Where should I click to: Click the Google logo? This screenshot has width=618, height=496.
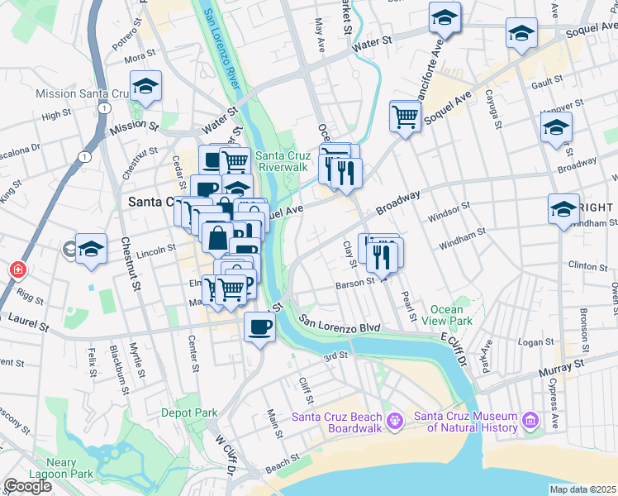tap(27, 486)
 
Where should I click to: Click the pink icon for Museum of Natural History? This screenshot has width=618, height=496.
tap(530, 422)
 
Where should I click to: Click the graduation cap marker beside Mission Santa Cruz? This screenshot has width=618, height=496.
tap(145, 88)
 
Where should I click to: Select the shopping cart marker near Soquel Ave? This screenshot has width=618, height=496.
tap(405, 117)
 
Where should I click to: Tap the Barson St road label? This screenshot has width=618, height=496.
tap(355, 285)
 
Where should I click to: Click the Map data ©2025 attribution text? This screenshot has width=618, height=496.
tap(582, 489)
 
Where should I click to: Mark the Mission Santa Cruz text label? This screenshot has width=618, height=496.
tap(79, 94)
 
